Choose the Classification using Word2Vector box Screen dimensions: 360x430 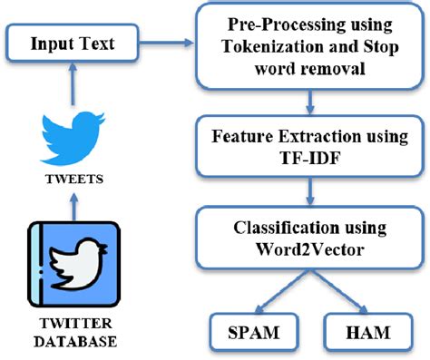click(x=309, y=239)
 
